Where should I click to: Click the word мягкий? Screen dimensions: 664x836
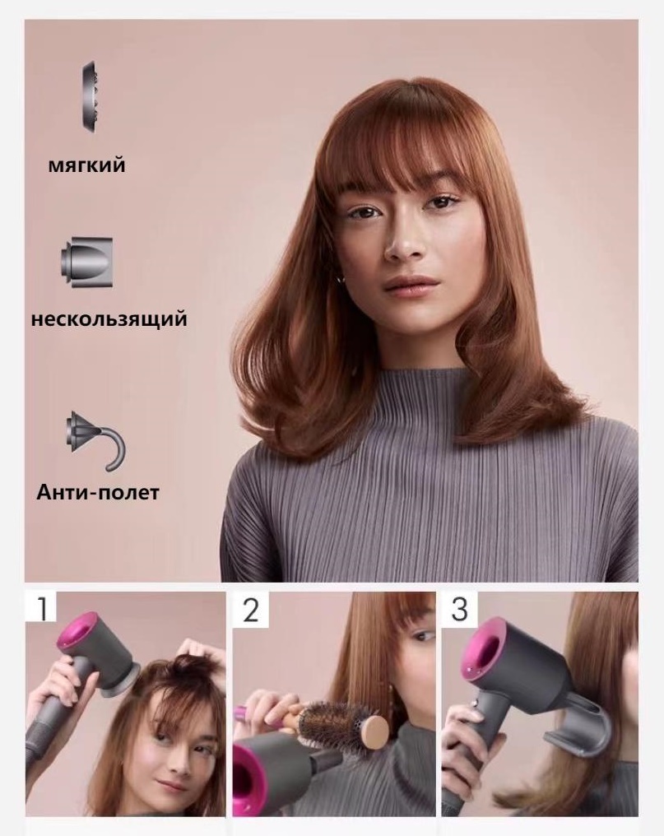pos(87,165)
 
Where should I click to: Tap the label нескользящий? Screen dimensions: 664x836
pos(109,318)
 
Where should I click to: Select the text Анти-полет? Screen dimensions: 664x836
pos(98,492)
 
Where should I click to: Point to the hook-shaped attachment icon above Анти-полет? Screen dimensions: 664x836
pos(96,439)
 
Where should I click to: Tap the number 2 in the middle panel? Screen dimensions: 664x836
pos(250,610)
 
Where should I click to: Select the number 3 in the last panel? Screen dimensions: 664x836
pos(459,609)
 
